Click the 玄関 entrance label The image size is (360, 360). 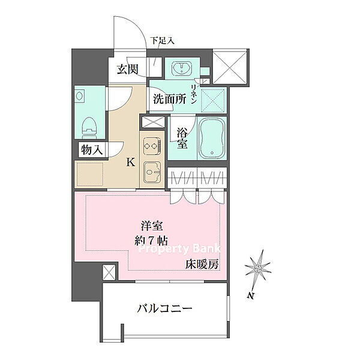click(127, 69)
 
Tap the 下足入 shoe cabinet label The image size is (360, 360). click(163, 41)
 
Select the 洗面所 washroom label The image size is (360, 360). click(170, 99)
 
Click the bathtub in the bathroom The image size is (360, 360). click(212, 138)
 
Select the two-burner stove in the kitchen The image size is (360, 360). click(152, 146)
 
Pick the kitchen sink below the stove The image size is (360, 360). click(152, 171)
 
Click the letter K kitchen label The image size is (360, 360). click(131, 163)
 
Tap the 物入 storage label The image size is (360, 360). click(92, 150)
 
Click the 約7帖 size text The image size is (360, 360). click(151, 241)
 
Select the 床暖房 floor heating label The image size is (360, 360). click(202, 265)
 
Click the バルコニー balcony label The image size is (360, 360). click(164, 308)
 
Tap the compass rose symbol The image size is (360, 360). click(258, 268)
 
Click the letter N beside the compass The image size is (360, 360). click(251, 296)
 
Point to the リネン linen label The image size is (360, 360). click(193, 94)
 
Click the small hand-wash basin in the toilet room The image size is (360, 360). click(80, 95)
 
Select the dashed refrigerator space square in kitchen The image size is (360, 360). click(90, 174)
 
